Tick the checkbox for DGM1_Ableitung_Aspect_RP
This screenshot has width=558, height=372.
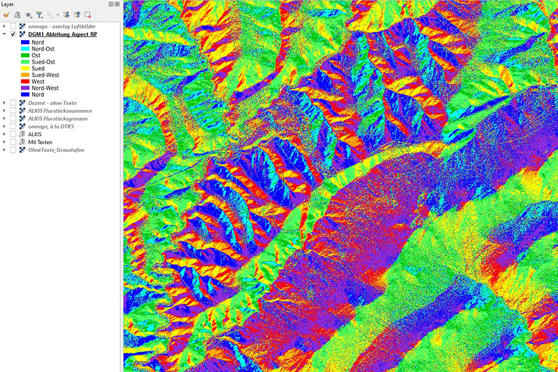coord(14,34)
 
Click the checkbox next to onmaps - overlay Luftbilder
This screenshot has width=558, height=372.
coord(14,26)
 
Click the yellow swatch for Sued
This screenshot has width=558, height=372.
coord(25,68)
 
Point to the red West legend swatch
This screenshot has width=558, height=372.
coord(25,81)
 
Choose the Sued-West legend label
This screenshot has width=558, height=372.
coord(45,74)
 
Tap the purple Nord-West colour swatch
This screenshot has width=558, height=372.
coord(25,88)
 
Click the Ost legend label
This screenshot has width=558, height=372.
coord(36,55)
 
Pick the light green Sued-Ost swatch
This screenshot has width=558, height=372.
coord(25,62)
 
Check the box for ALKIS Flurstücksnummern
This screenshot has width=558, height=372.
coord(14,110)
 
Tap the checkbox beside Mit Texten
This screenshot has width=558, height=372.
coord(14,142)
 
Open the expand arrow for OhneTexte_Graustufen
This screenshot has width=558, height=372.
coord(5,150)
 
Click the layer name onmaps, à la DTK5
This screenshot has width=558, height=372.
coord(55,126)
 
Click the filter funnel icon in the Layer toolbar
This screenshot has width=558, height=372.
coord(39,14)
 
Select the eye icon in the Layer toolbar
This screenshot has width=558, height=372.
coord(29,14)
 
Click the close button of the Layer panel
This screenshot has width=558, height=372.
coord(117,4)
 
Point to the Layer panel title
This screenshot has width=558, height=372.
coord(7,4)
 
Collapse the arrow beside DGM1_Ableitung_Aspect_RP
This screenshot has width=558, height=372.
coord(5,34)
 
